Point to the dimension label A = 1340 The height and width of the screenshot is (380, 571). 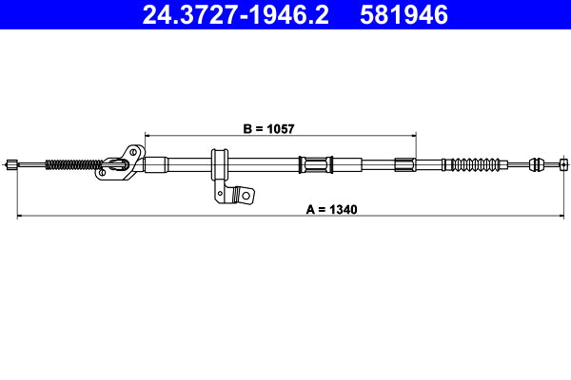pyautogui.click(x=331, y=208)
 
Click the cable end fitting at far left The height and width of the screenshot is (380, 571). pyautogui.click(x=11, y=164)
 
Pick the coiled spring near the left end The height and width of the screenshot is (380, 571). pyautogui.click(x=70, y=164)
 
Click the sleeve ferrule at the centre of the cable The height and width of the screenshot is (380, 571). pyautogui.click(x=315, y=163)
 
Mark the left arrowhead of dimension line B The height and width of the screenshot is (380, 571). pyautogui.click(x=148, y=134)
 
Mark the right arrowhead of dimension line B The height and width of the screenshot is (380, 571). pyautogui.click(x=413, y=134)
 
